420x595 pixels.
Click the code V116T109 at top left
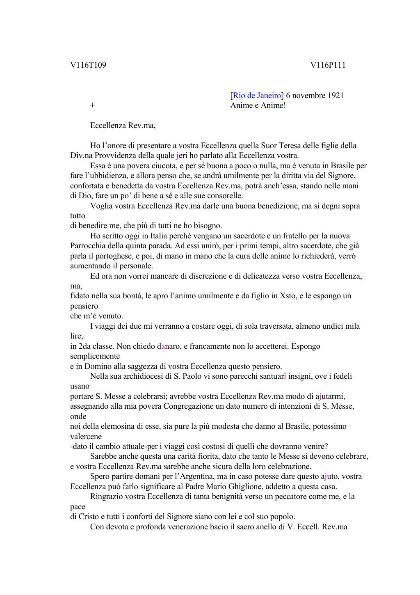[x=88, y=65]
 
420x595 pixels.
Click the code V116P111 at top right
[x=328, y=65]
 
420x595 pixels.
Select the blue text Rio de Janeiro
[x=257, y=96]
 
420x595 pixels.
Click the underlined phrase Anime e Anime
[x=257, y=105]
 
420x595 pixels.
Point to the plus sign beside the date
[x=93, y=105]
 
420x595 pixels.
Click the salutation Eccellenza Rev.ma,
[x=123, y=126]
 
